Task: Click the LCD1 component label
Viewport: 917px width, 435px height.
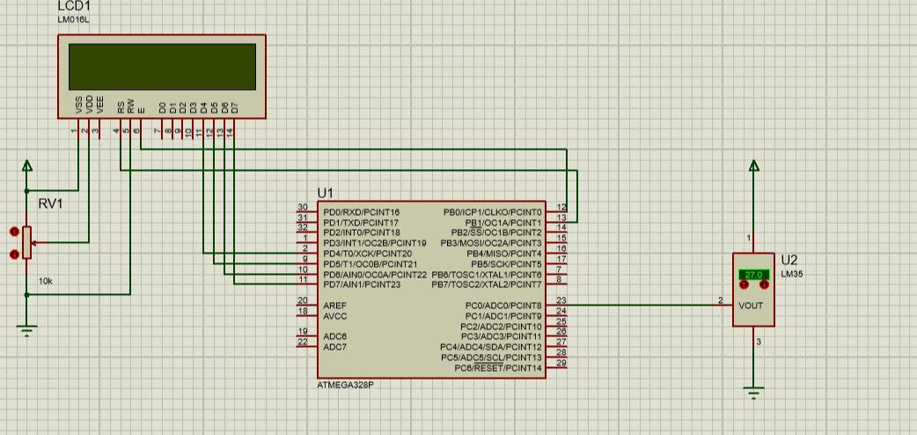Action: point(76,6)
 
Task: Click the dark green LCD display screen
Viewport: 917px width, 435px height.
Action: point(162,67)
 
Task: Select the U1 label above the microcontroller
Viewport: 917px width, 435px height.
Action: point(326,193)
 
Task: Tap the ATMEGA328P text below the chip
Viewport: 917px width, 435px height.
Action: point(345,386)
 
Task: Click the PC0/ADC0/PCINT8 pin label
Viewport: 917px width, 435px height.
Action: point(503,306)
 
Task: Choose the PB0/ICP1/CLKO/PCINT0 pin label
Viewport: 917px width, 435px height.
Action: point(493,212)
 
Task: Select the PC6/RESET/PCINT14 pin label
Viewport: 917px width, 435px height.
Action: point(498,367)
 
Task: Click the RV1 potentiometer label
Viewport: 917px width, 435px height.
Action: point(50,204)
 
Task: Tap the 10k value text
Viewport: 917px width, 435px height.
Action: point(45,281)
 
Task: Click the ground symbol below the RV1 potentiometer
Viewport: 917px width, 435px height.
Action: point(27,330)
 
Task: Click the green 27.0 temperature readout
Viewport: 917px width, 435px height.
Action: point(753,275)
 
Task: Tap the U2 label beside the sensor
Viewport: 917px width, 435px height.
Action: point(789,260)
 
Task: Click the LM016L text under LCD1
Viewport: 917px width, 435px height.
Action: point(73,19)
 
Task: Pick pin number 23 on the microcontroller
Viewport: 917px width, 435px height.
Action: point(561,301)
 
